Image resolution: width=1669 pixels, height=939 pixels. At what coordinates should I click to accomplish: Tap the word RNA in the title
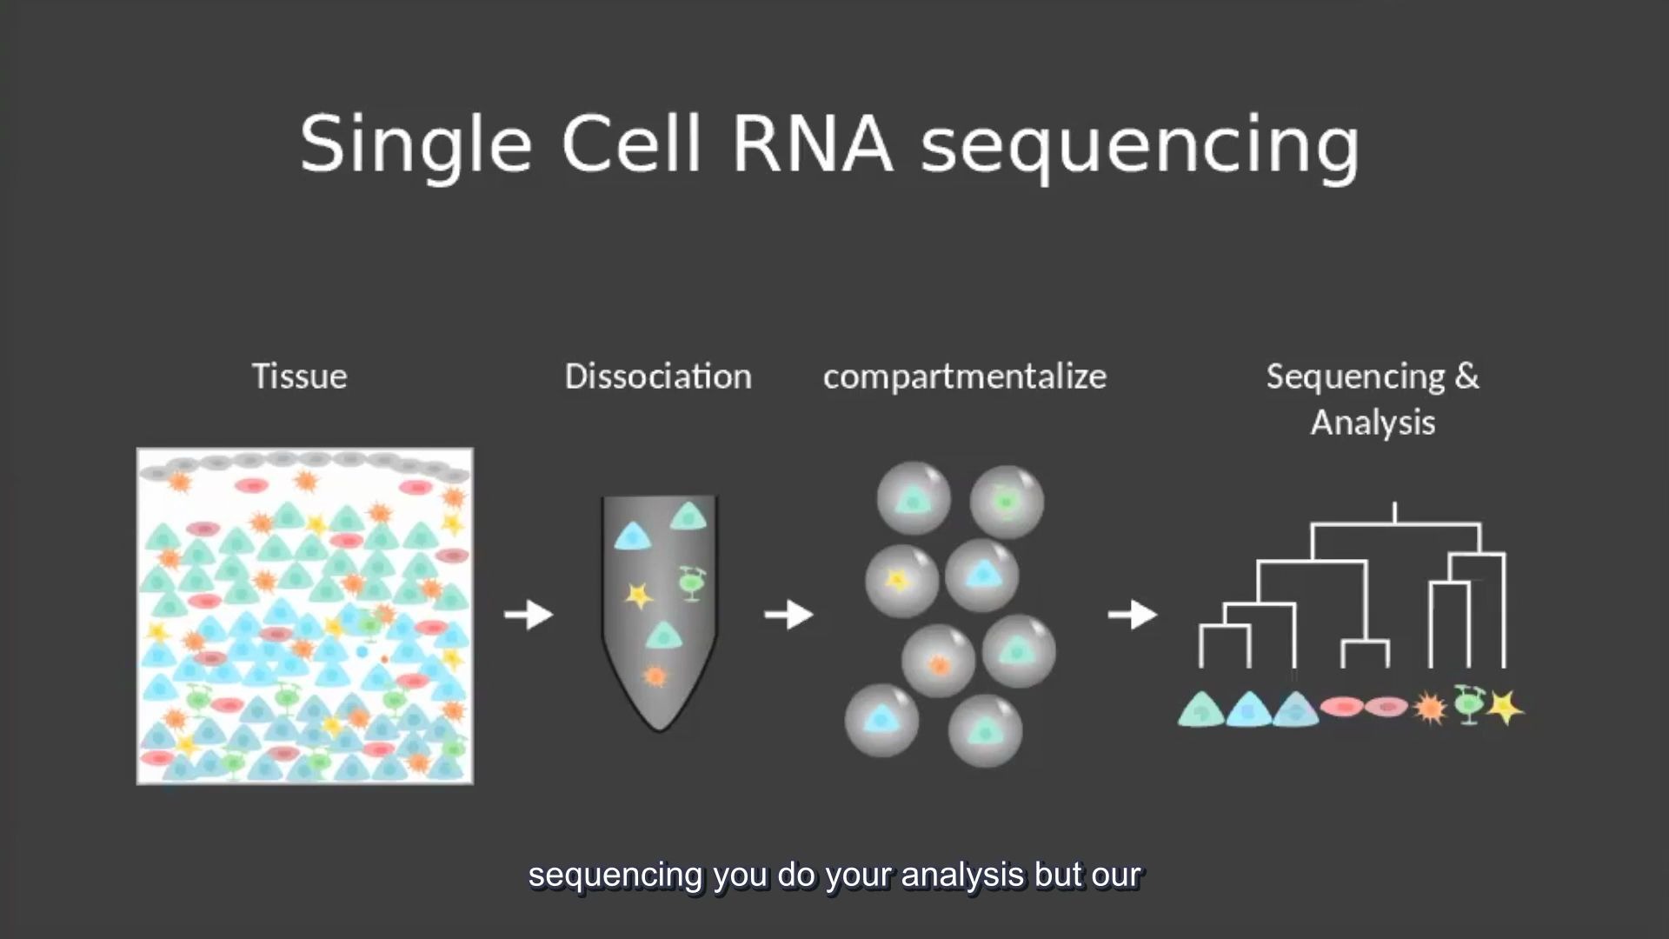click(812, 143)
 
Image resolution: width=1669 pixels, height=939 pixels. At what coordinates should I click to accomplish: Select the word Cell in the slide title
click(631, 143)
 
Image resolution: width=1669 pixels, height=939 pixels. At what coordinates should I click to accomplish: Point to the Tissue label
click(299, 376)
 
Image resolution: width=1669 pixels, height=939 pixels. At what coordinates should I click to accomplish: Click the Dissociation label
click(658, 376)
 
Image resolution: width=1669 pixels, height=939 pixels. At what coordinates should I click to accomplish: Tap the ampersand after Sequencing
click(1466, 376)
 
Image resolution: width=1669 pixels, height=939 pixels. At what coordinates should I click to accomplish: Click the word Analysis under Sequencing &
click(1373, 423)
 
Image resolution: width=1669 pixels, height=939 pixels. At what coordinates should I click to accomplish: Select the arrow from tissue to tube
click(529, 615)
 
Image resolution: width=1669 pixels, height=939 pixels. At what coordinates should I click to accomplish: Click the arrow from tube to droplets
click(788, 615)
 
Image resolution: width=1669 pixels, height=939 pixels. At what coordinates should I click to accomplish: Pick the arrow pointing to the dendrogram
click(1133, 615)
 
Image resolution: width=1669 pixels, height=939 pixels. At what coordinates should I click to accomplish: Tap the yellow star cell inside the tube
click(639, 596)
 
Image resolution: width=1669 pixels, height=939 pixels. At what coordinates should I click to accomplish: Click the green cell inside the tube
click(691, 583)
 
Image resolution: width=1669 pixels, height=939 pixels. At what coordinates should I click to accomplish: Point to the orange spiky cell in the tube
click(655, 676)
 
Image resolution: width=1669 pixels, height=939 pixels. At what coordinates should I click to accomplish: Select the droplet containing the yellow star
click(901, 581)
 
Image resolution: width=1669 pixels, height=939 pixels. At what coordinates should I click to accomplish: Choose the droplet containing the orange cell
click(938, 662)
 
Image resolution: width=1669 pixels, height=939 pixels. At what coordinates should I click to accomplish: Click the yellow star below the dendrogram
click(1506, 707)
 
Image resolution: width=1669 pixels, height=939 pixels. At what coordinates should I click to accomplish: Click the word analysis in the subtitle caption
click(963, 876)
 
